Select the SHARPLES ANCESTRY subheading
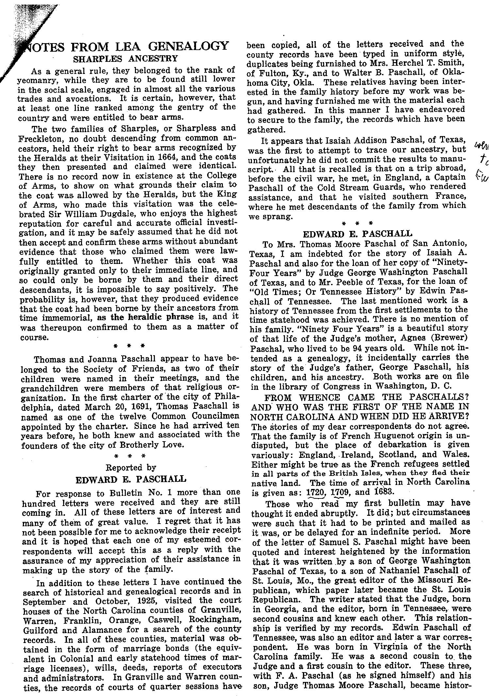coord(125,59)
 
